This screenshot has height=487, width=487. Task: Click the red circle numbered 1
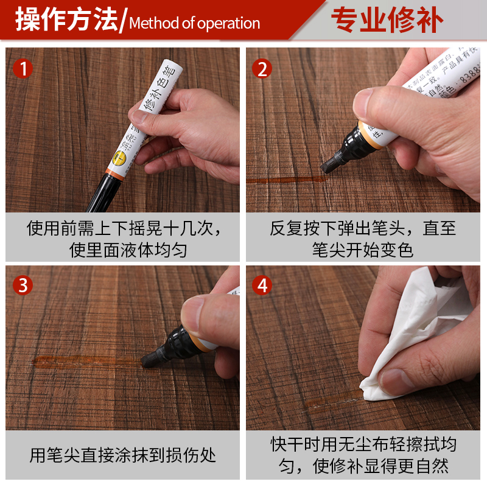23,69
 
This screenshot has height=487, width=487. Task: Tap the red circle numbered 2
262,69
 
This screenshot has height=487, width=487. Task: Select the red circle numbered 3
23,285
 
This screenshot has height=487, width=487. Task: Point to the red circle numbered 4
262,285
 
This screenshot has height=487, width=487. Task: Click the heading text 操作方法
66,21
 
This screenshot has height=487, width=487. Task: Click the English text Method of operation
195,24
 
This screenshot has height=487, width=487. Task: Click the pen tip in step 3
150,359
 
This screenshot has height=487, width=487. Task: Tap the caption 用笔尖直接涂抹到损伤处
122,455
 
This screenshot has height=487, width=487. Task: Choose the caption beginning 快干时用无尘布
363,455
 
